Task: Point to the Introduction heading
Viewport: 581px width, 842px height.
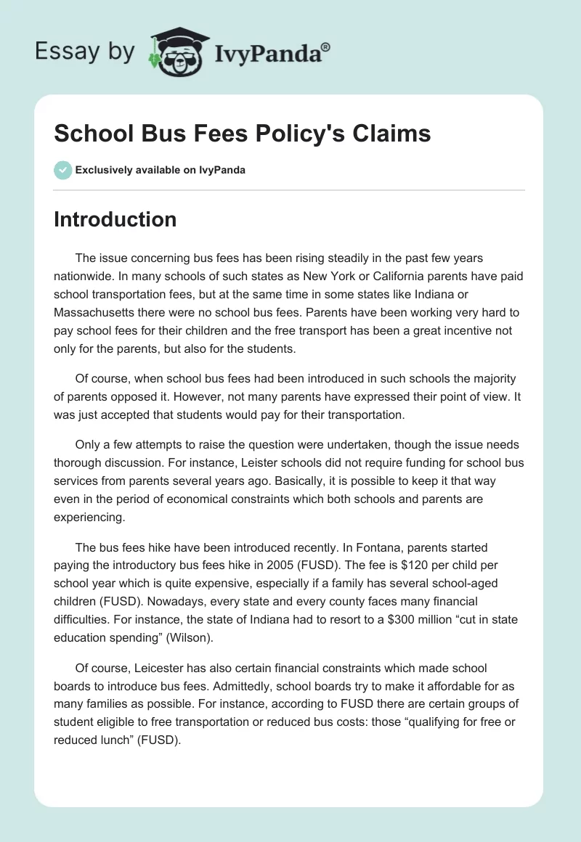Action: (115, 219)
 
